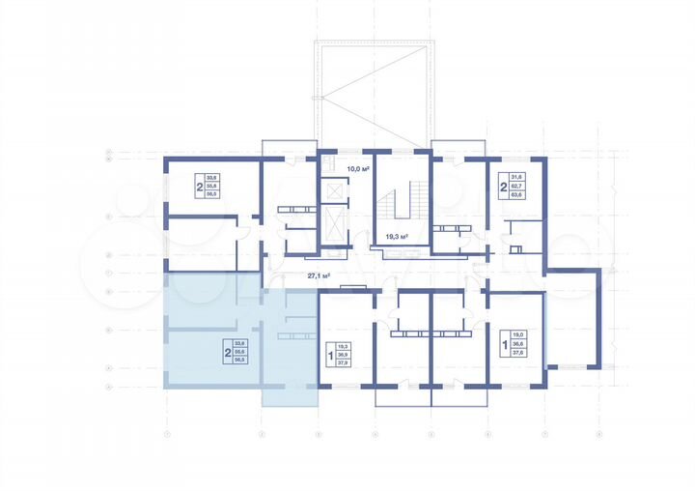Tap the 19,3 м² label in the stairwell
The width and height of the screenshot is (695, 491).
(397, 236)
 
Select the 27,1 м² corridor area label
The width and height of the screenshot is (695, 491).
(320, 275)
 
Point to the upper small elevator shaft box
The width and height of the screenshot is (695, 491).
(334, 192)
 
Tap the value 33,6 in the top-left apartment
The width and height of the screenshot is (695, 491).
(212, 177)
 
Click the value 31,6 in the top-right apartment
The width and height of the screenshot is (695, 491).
(516, 177)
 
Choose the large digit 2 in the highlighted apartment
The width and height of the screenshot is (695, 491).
(227, 352)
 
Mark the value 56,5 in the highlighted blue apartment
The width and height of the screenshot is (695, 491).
(240, 360)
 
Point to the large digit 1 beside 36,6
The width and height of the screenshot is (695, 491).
(504, 344)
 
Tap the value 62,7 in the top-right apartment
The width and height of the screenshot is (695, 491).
(516, 186)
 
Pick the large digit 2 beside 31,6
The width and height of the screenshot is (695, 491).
(503, 186)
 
